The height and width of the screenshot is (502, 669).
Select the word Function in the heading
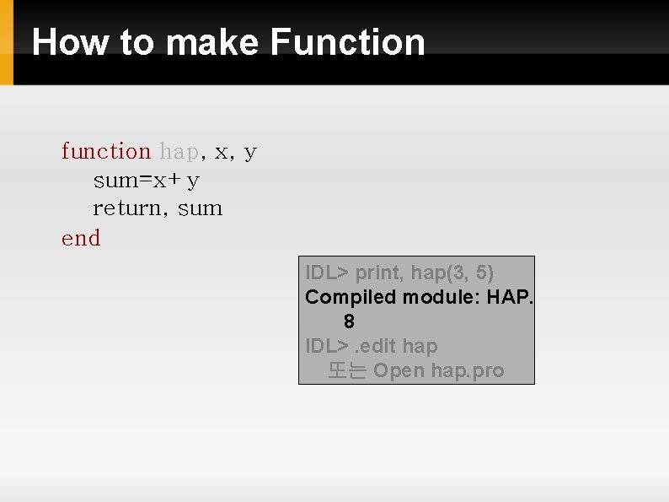(x=348, y=41)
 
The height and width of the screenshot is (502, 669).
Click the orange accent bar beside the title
(x=7, y=42)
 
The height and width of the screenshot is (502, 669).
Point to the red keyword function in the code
(x=105, y=152)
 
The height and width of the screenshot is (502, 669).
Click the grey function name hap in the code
(x=179, y=152)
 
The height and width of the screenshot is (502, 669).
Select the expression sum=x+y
(x=146, y=181)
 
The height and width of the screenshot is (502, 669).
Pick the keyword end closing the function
(x=81, y=239)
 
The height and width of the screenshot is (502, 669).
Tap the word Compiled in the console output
(x=351, y=297)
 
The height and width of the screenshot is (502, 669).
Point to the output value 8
(x=349, y=321)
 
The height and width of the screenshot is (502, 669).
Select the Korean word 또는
(x=346, y=371)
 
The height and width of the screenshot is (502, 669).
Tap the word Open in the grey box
(x=399, y=371)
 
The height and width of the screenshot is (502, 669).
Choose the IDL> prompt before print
(x=327, y=273)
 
